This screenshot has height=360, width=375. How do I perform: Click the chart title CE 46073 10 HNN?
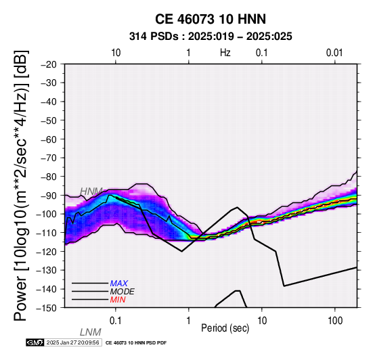(211, 19)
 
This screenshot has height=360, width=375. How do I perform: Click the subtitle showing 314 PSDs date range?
(211, 37)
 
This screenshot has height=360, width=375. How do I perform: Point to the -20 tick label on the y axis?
(49, 64)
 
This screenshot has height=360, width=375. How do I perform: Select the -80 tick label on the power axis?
(49, 177)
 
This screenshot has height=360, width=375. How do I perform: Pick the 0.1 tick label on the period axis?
(116, 321)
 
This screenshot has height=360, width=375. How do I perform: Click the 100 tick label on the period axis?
(335, 321)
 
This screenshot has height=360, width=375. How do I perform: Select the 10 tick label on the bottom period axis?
(262, 321)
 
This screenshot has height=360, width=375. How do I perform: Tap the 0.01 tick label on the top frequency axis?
(334, 53)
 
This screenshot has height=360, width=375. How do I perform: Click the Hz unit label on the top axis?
(225, 53)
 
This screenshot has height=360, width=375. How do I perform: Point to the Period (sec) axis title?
(225, 328)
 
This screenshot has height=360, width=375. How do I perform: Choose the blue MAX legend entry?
(119, 284)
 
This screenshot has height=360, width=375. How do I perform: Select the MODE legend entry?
(123, 292)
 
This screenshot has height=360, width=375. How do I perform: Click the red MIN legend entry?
(118, 300)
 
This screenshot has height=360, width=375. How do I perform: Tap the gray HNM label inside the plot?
(91, 192)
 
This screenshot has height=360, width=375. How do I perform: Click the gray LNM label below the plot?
(91, 332)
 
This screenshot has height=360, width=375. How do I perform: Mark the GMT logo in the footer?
(35, 342)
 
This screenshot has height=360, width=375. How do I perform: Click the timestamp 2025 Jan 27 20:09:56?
(72, 342)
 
